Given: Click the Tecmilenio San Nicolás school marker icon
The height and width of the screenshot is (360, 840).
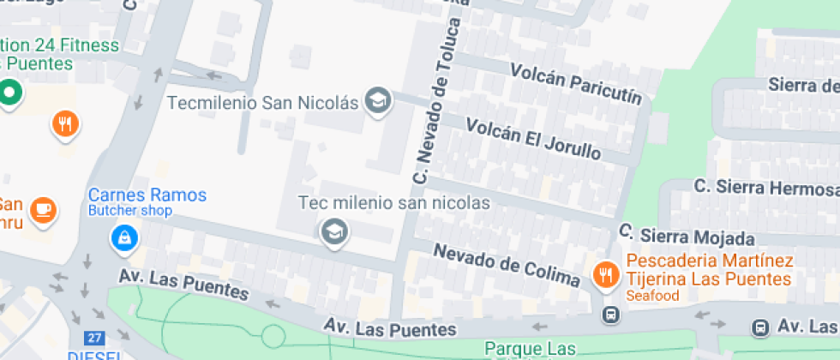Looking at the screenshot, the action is [x=377, y=102].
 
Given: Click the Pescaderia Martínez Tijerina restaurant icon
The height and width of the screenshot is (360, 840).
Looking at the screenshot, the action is [x=607, y=274].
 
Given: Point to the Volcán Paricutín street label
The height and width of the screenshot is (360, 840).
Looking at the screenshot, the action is [x=576, y=83].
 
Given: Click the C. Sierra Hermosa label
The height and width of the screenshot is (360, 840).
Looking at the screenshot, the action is [x=765, y=188].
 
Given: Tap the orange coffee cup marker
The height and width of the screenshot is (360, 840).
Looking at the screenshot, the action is [x=41, y=208].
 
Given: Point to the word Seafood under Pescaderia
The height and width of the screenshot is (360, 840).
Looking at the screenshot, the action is [x=651, y=296].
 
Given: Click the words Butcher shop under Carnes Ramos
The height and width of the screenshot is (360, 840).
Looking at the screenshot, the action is [x=130, y=211].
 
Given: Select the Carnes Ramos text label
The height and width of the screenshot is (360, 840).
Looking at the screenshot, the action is [x=147, y=195].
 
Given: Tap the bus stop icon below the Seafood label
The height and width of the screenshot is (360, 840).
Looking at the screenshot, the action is [x=610, y=315].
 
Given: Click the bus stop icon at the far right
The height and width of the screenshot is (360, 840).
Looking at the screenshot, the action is [x=759, y=327].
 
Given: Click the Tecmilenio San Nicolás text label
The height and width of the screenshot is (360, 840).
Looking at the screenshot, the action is [x=261, y=103].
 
